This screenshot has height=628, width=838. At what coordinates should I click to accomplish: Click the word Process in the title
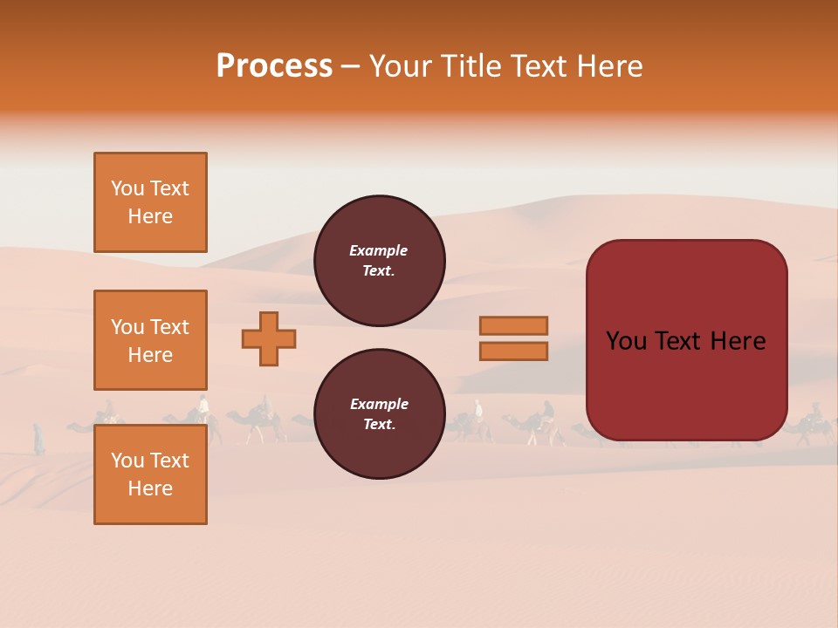274,65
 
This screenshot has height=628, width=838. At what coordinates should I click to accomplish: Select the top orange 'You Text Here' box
150,202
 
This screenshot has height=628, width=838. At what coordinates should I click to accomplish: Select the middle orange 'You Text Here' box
150,340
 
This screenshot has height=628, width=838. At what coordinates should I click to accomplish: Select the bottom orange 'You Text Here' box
150,474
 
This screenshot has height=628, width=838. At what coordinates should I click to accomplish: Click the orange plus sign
269,338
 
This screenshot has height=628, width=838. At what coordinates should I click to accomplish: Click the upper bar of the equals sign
514,325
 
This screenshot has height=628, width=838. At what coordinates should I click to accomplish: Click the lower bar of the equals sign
514,351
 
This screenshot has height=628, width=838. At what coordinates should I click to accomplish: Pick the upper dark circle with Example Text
380,261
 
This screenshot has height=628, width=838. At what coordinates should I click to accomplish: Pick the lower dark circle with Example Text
380,413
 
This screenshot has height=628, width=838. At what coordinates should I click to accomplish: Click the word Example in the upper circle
379,250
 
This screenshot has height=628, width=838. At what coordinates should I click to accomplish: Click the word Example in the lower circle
379,404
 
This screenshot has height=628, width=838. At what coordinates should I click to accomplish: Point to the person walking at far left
38,438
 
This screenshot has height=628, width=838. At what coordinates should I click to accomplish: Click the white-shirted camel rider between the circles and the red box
477,409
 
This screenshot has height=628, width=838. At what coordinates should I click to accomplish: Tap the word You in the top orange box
127,188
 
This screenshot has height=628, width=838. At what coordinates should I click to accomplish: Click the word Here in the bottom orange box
150,488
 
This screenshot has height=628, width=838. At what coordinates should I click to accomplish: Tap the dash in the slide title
350,66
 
